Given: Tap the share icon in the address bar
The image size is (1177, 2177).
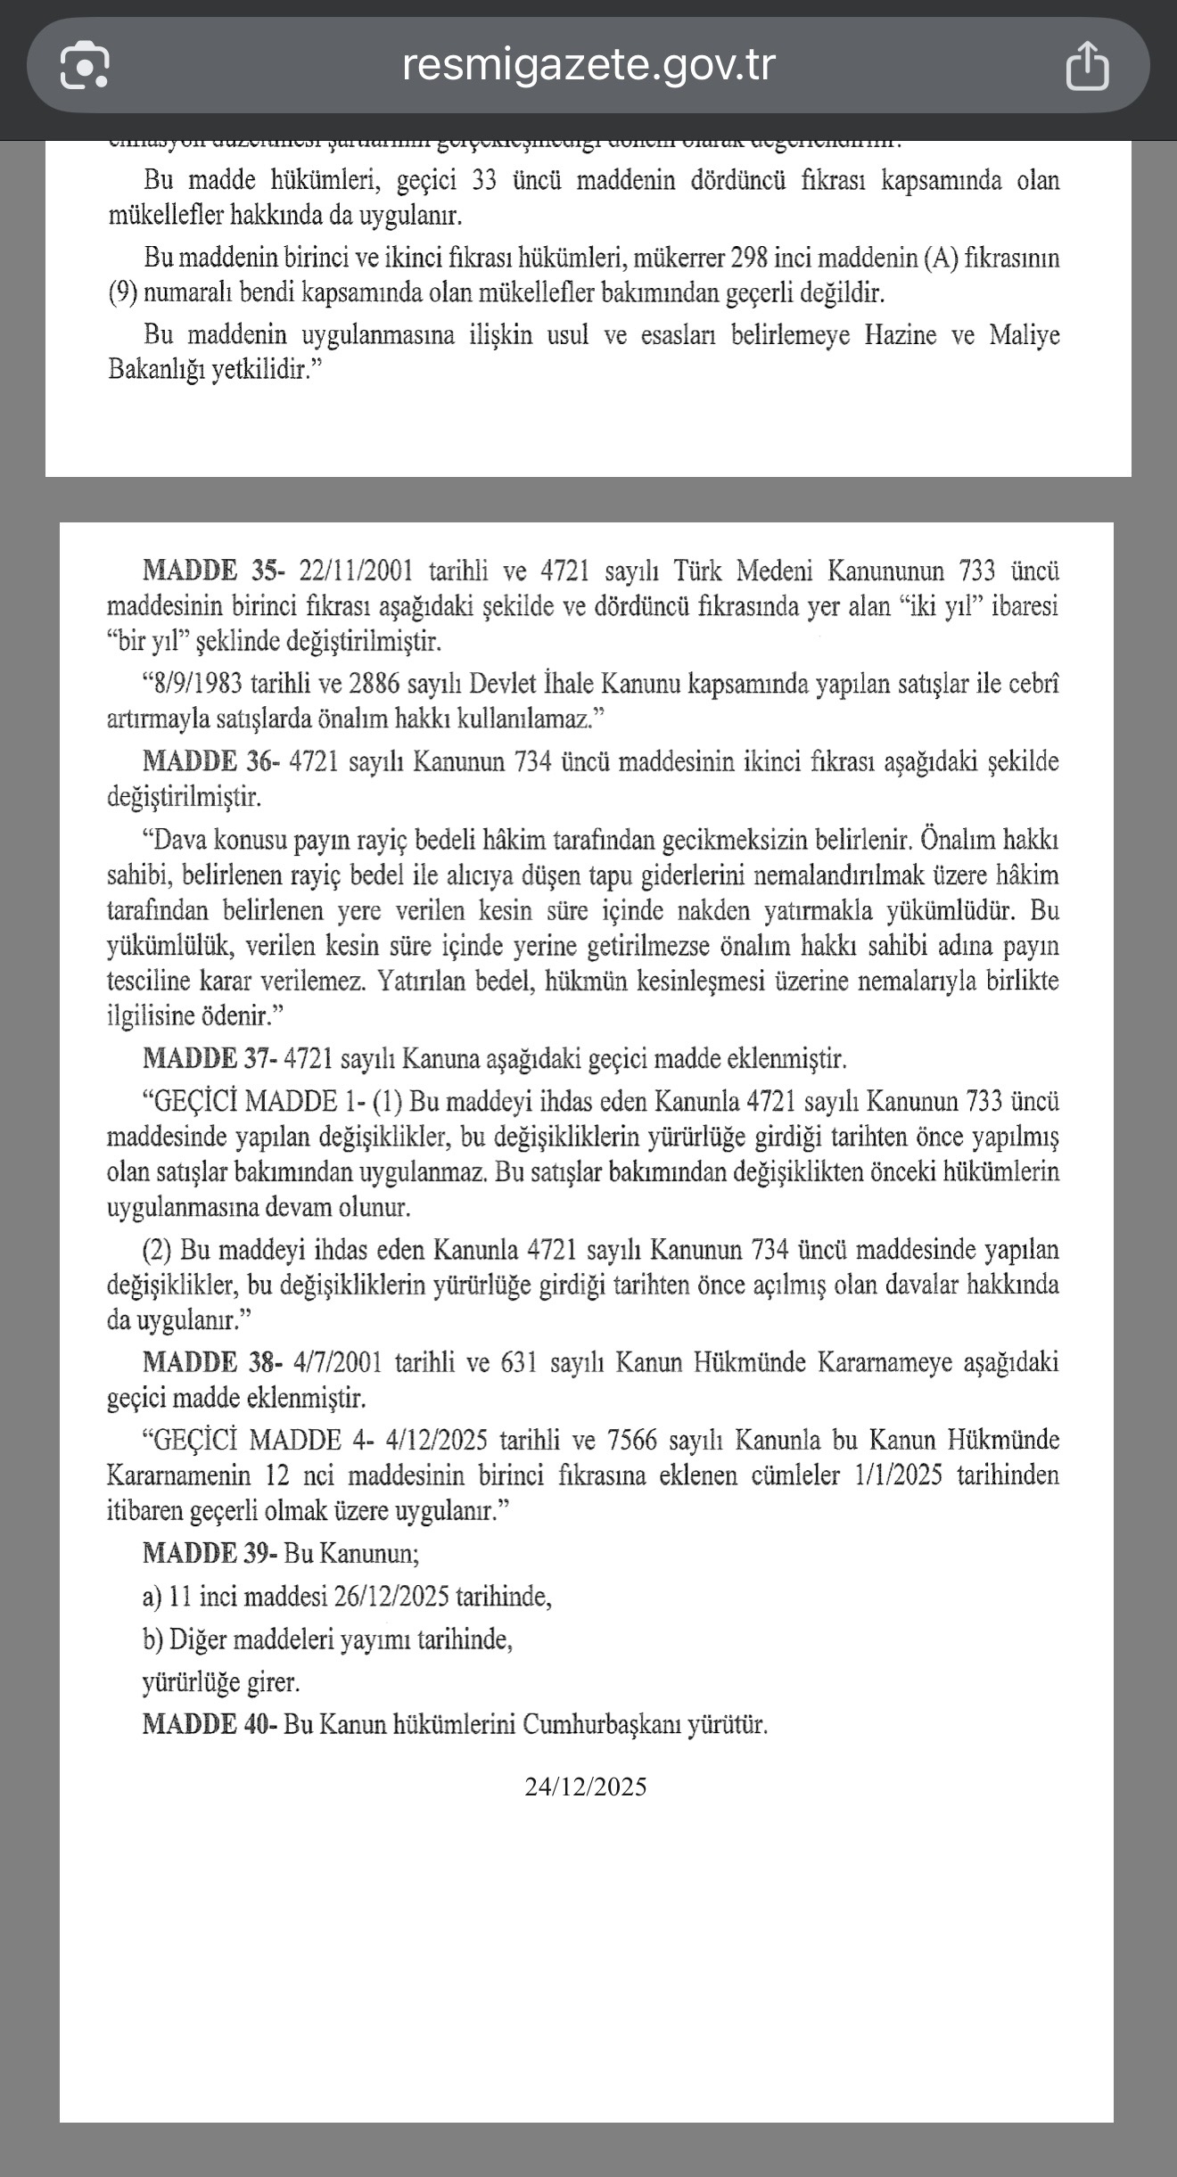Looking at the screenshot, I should pyautogui.click(x=1087, y=66).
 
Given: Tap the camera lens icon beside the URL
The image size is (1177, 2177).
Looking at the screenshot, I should pyautogui.click(x=85, y=66).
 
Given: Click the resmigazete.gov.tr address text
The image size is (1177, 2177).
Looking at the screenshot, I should pyautogui.click(x=588, y=64).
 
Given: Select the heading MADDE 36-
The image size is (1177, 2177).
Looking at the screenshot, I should pyautogui.click(x=211, y=762).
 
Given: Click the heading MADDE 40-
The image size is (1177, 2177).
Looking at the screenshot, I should pyautogui.click(x=211, y=1725).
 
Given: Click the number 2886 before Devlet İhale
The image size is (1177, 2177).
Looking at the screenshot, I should pyautogui.click(x=375, y=685).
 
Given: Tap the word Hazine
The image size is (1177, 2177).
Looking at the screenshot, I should pyautogui.click(x=901, y=336).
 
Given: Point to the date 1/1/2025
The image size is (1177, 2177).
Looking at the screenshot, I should pyautogui.click(x=898, y=1475).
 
